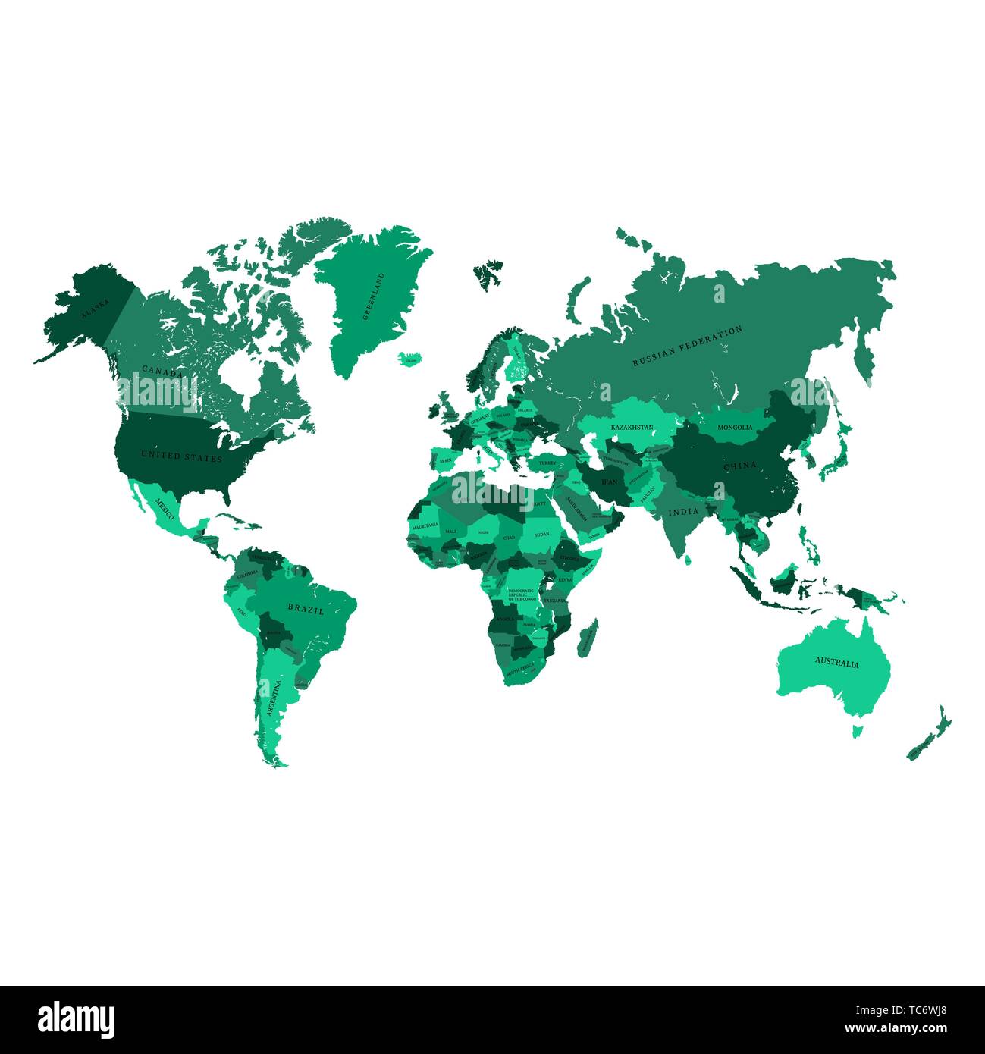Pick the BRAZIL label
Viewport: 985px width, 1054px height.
tap(306, 608)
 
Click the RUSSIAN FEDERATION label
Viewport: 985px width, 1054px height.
tap(688, 347)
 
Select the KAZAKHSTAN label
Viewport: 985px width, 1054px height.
tap(632, 428)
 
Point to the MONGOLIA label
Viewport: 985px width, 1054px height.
tap(735, 428)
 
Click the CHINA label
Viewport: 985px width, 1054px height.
tap(739, 466)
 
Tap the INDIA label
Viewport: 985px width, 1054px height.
tap(683, 512)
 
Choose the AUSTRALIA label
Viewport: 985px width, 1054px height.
tap(837, 663)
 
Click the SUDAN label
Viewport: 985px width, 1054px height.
tap(541, 535)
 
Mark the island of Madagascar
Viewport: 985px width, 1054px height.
tap(588, 638)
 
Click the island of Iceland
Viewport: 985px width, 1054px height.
tap(410, 358)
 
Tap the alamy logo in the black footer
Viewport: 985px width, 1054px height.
tap(77, 1019)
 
